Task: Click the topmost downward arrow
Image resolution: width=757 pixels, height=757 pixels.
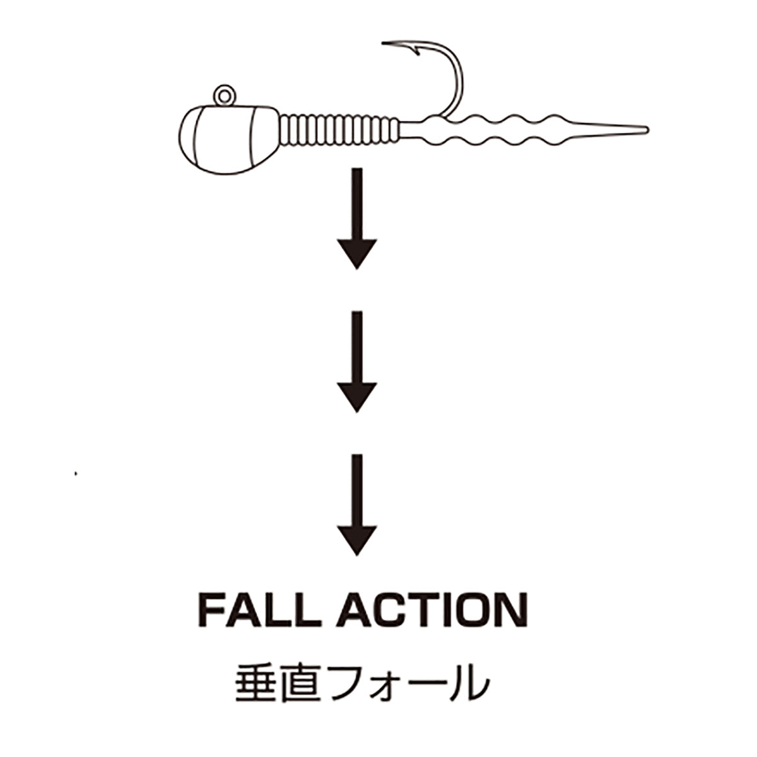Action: click(356, 218)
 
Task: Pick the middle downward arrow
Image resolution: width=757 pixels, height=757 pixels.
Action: click(356, 361)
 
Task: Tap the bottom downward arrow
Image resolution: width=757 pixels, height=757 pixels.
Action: click(356, 505)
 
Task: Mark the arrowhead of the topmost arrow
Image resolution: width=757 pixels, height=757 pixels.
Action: click(356, 253)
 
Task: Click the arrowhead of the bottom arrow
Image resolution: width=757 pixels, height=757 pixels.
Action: click(356, 539)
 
